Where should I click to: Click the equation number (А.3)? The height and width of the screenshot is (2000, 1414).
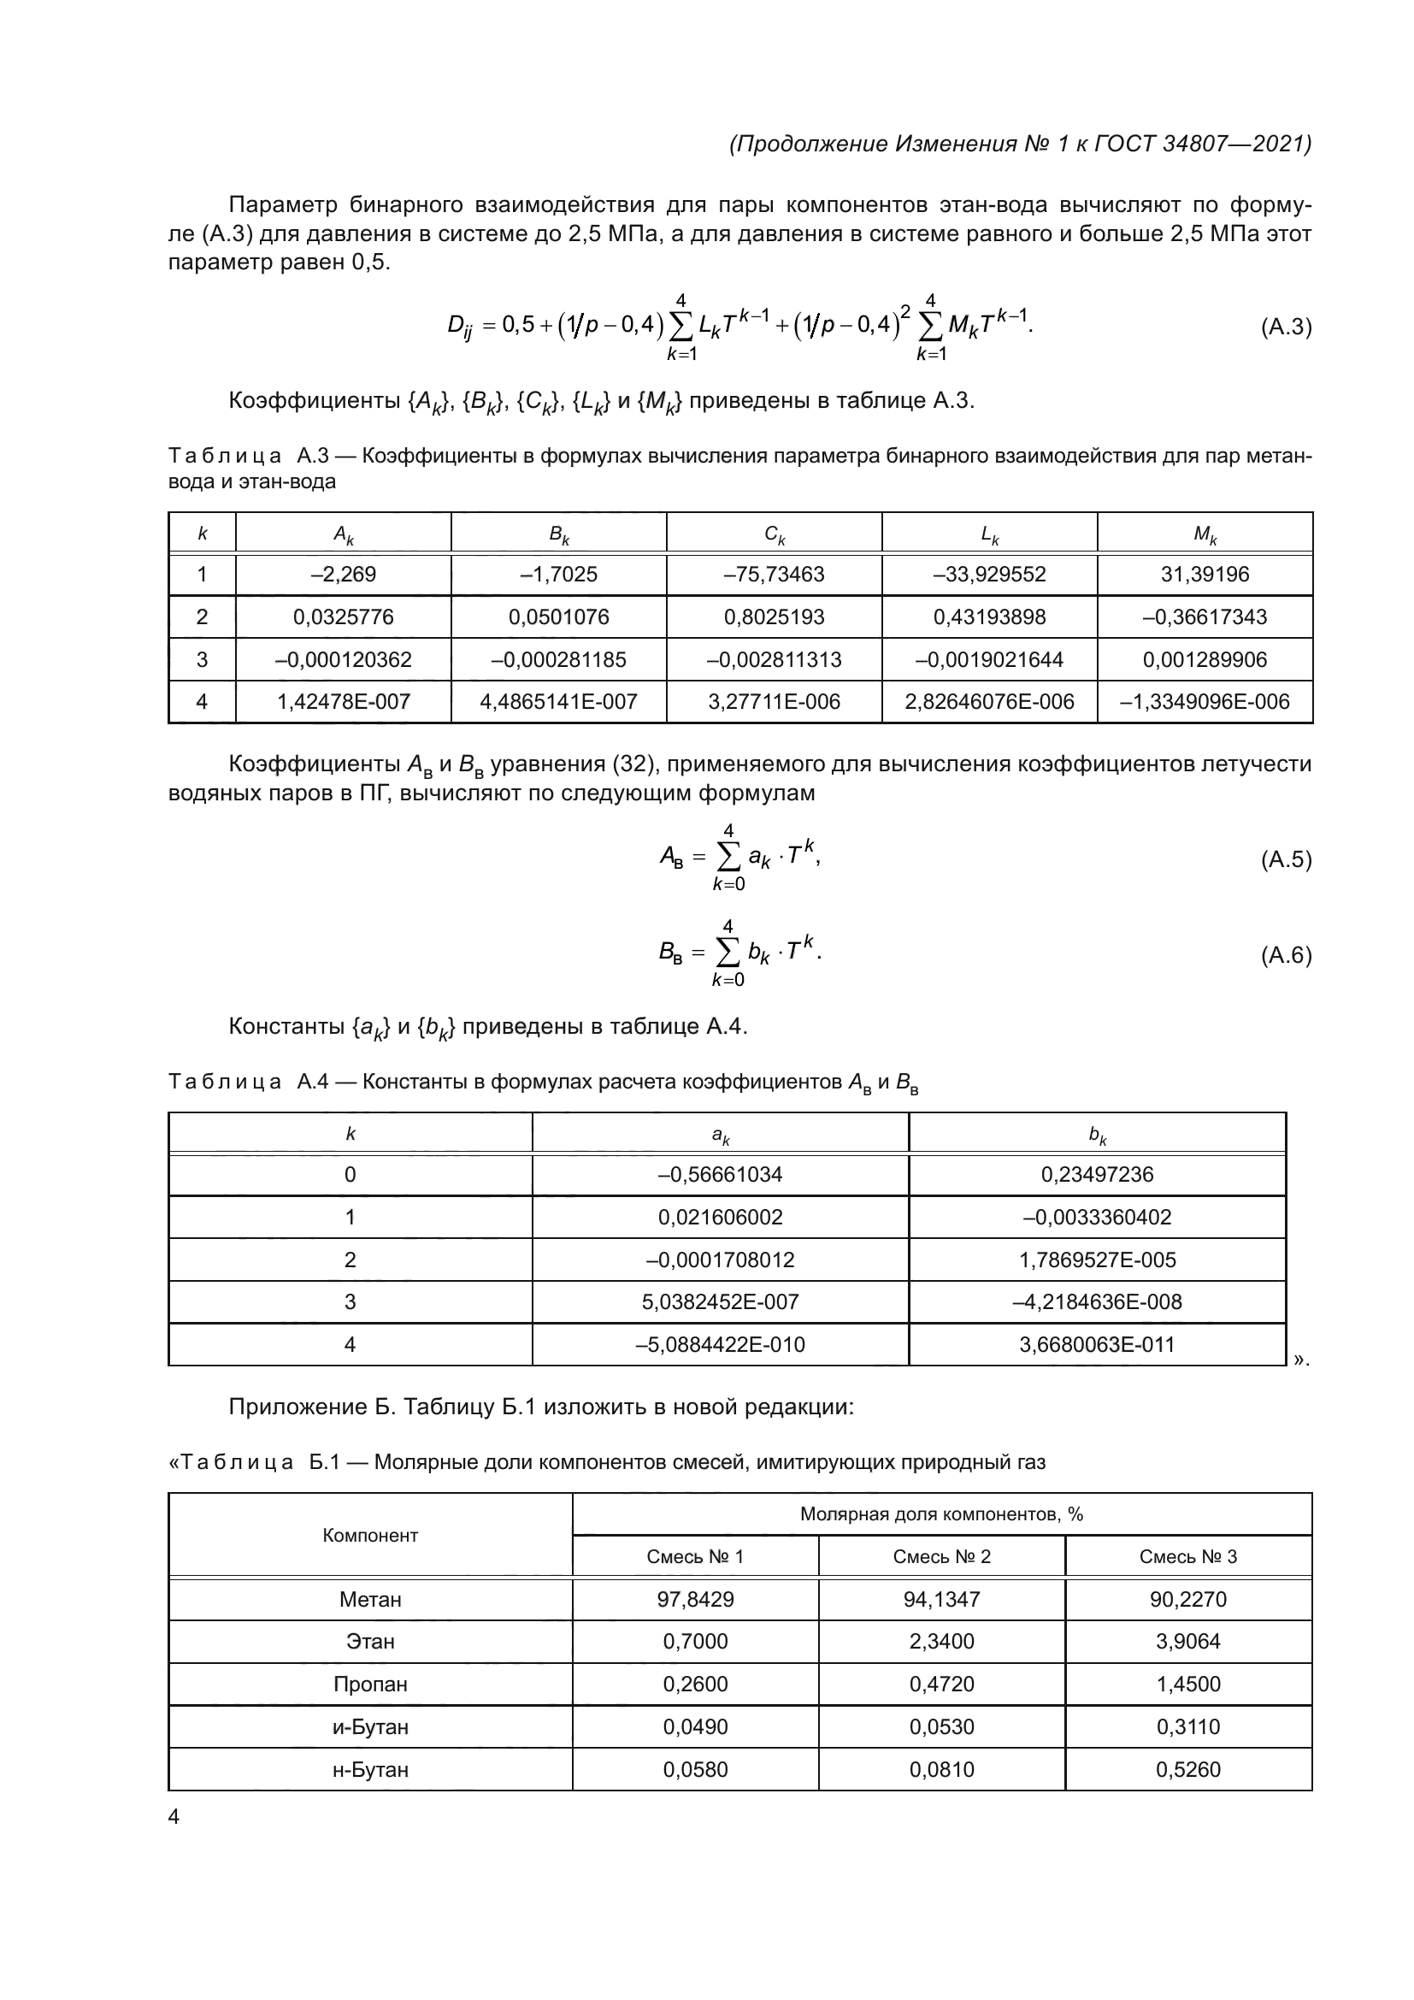pos(1285,327)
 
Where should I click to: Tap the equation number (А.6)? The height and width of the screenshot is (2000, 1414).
pos(1285,956)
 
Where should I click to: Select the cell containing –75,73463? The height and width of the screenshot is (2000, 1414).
pos(773,574)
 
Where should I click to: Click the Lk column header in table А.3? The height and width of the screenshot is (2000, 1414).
pos(989,534)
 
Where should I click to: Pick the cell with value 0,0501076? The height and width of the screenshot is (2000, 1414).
pos(558,617)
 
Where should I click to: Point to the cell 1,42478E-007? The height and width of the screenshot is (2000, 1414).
pos(343,701)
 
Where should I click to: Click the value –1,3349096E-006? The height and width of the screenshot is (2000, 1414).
pos(1205,701)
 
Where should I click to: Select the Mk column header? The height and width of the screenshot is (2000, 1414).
pos(1205,534)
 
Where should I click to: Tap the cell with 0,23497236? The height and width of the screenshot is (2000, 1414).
pos(1096,1174)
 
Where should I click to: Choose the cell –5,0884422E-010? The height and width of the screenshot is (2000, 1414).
pos(719,1344)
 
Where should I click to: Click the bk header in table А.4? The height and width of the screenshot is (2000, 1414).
pos(1097,1134)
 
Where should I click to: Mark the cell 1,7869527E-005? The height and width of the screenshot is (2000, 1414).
pos(1096,1260)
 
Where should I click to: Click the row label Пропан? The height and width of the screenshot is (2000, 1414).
pos(370,1684)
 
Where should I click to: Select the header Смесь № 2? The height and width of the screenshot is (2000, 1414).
pos(941,1556)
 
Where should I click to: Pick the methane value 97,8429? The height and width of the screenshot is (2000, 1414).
pos(695,1599)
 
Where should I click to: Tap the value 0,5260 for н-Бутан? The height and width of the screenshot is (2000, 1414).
pos(1187,1769)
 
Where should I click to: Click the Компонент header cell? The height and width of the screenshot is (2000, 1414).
pos(370,1536)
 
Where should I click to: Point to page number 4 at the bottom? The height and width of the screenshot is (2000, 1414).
pos(174,1817)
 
